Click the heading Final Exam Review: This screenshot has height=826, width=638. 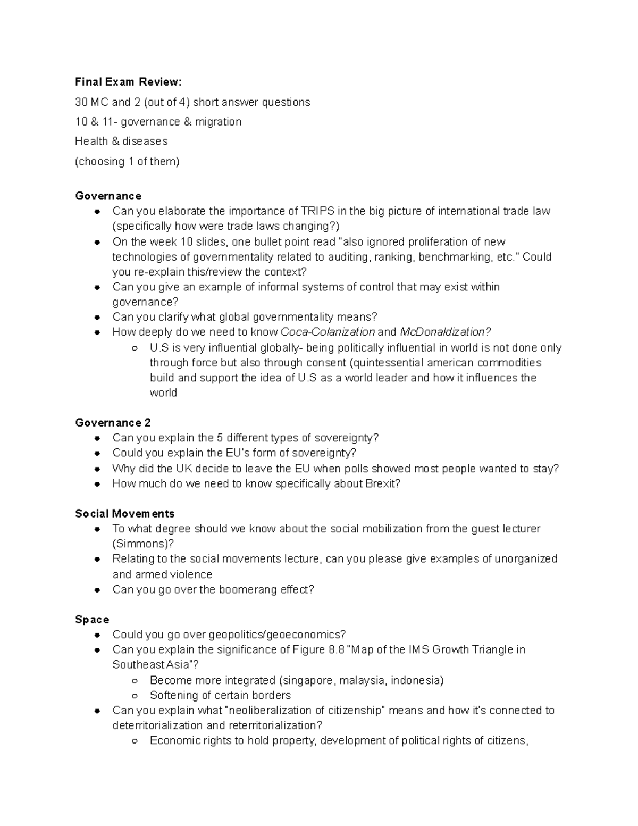coord(128,82)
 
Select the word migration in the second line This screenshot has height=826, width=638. coord(218,122)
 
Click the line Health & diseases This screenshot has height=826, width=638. coord(121,141)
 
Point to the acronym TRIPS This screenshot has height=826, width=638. coord(318,211)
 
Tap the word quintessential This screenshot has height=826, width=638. coord(387,363)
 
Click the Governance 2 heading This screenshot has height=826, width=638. coord(113,423)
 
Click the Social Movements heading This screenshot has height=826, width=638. coord(125,514)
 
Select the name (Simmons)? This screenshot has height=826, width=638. coord(143,544)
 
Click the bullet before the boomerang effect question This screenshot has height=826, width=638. coord(97,590)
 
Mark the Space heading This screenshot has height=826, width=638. coord(92,620)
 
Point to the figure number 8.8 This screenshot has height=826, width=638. coord(335,649)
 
